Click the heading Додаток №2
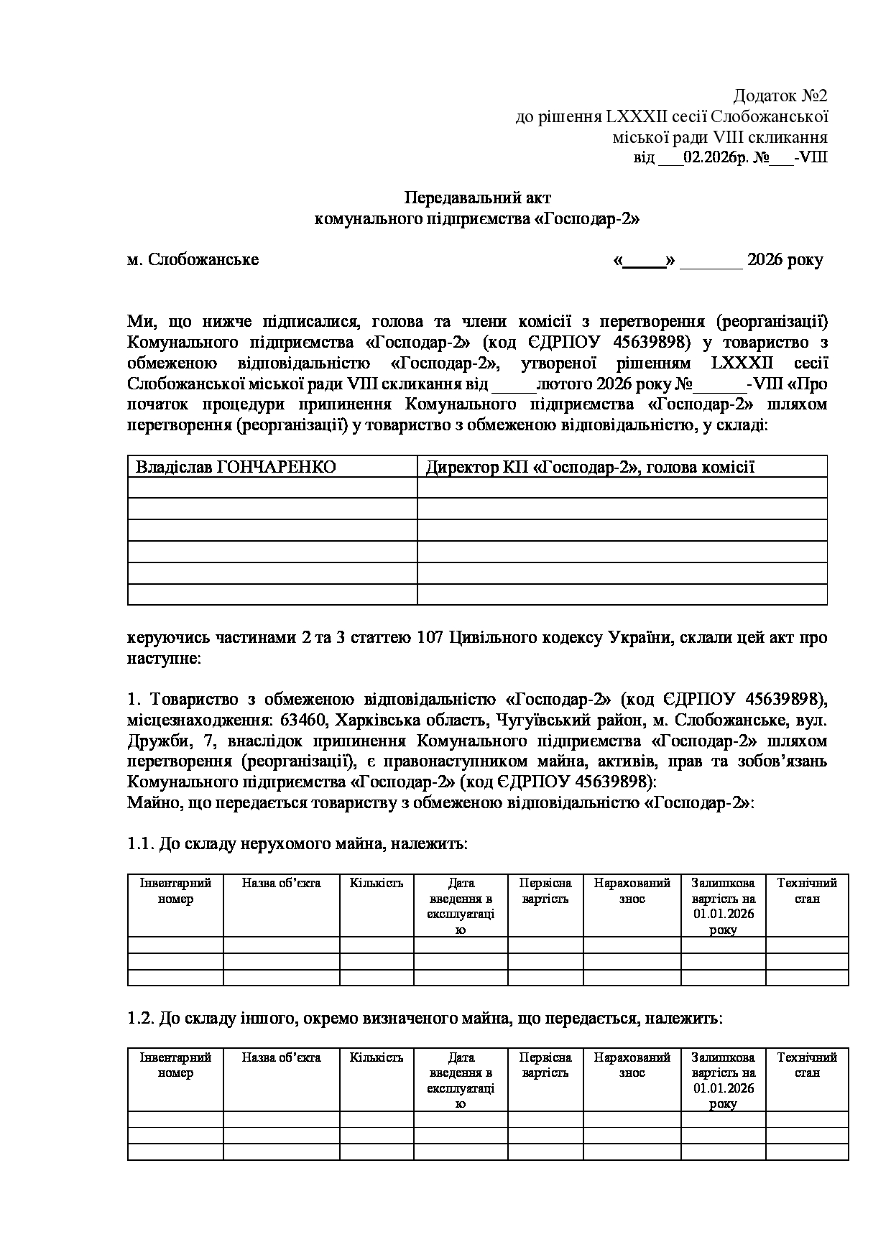click(x=780, y=96)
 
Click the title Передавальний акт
click(x=478, y=197)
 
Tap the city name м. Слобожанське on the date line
click(x=193, y=259)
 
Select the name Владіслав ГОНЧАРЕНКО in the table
click(x=236, y=467)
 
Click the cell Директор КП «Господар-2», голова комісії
click(x=590, y=467)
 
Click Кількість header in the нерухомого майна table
click(x=377, y=883)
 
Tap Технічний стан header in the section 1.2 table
click(x=807, y=1065)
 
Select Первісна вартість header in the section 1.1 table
click(x=545, y=891)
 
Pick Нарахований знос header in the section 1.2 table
click(x=632, y=1065)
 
